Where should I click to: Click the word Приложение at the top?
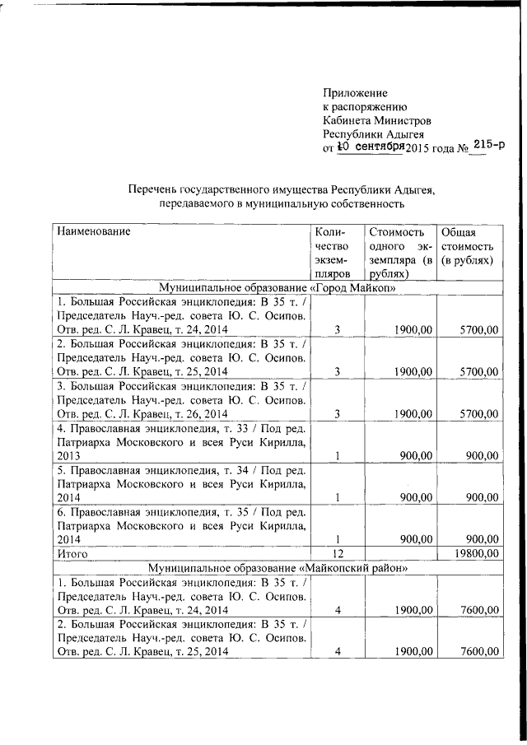pos(355,93)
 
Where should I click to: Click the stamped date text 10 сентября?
pos(369,147)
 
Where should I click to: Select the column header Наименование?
pos(94,231)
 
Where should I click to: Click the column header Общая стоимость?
pos(467,246)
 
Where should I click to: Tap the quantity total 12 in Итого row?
pos(338,554)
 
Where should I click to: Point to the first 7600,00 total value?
pos(478,609)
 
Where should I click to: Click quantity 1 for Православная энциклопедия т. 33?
pos(338,455)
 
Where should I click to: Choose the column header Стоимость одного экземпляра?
pos(400,253)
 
